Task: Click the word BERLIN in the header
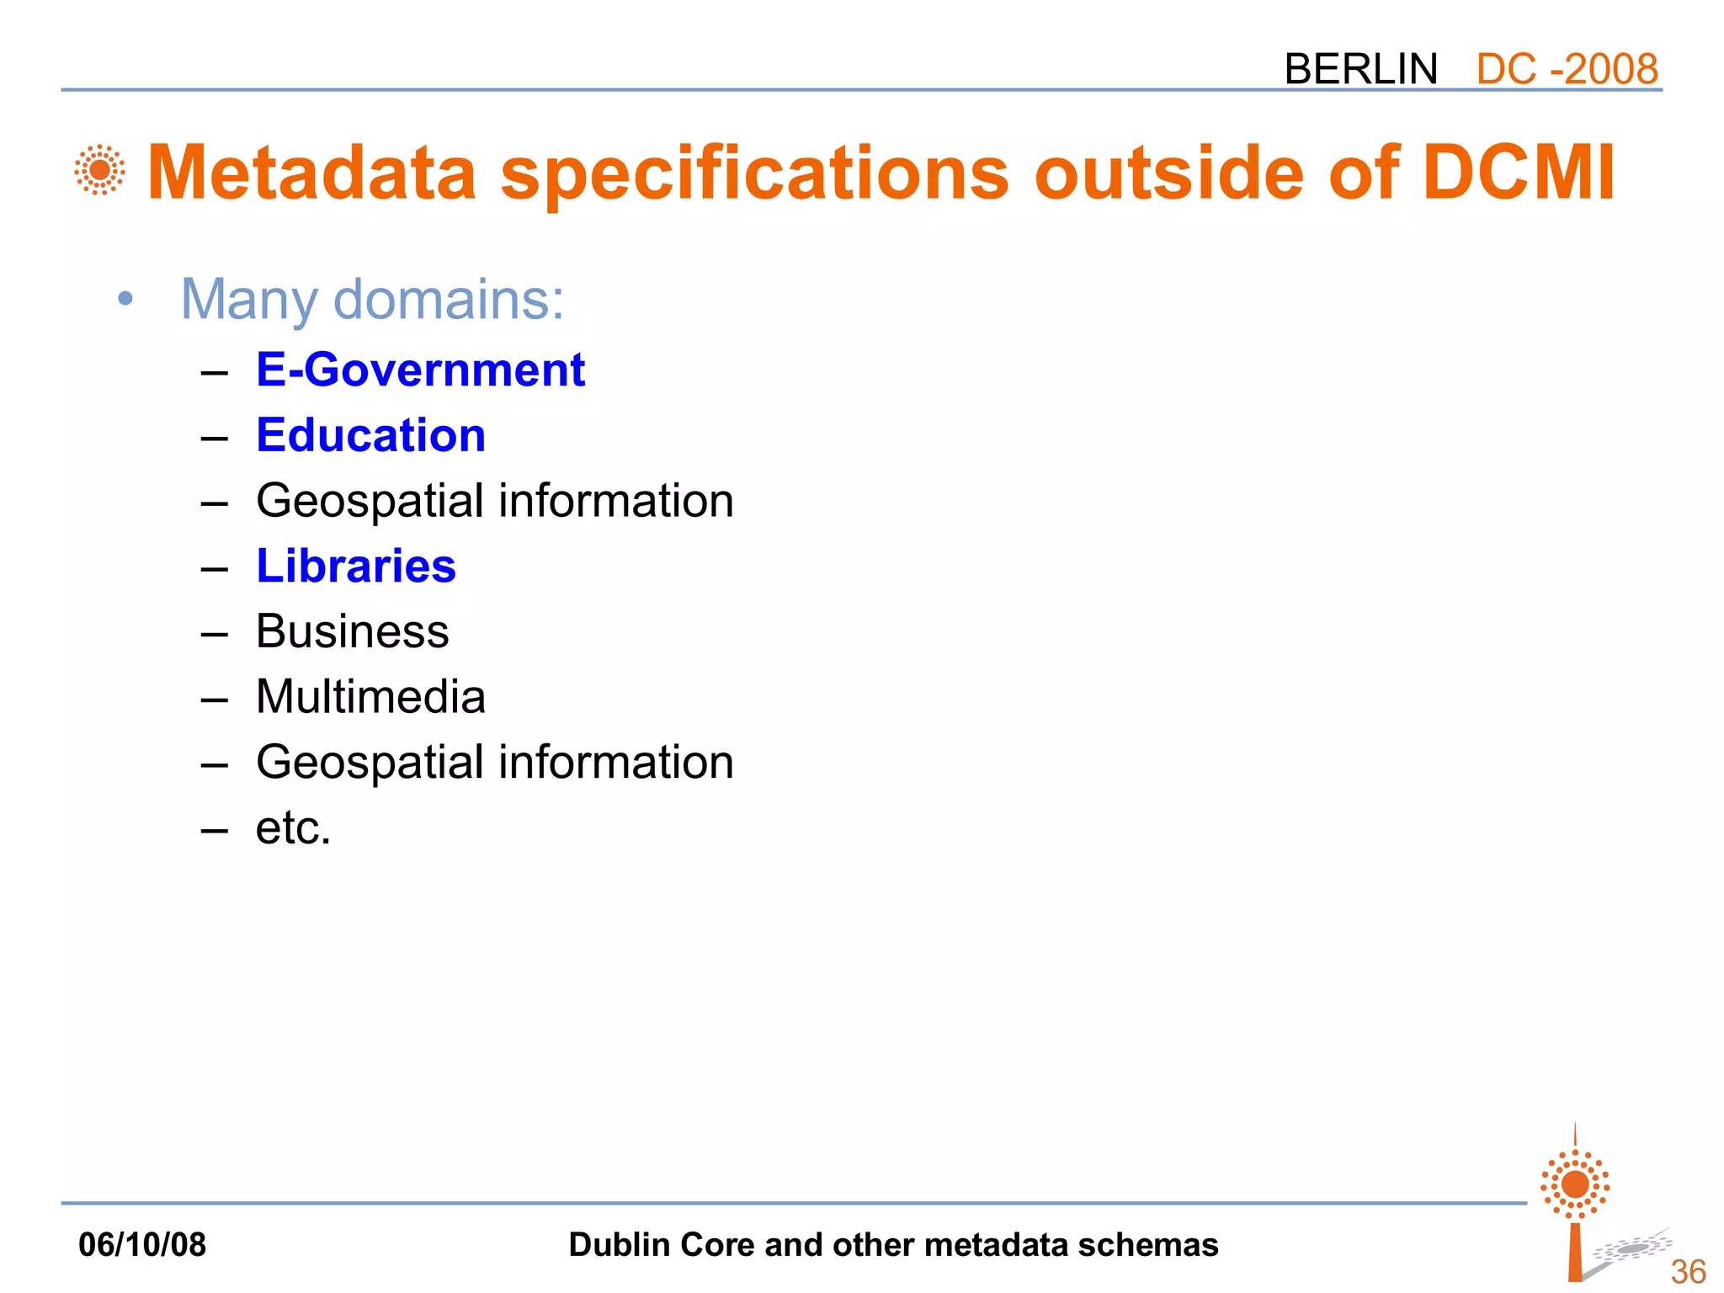(x=1360, y=69)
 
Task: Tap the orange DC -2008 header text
(x=1567, y=69)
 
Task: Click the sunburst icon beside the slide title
(x=100, y=170)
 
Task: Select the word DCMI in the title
(x=1519, y=173)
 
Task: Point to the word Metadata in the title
(x=312, y=173)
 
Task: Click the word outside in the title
(x=1169, y=173)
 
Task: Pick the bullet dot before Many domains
(x=125, y=299)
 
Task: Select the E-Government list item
(x=420, y=370)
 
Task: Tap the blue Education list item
(x=370, y=435)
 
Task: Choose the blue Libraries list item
(x=356, y=566)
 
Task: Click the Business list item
(x=352, y=631)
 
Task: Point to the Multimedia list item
(x=370, y=697)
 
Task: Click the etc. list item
(x=293, y=828)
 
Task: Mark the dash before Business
(x=215, y=633)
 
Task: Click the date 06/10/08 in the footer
(x=142, y=1244)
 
